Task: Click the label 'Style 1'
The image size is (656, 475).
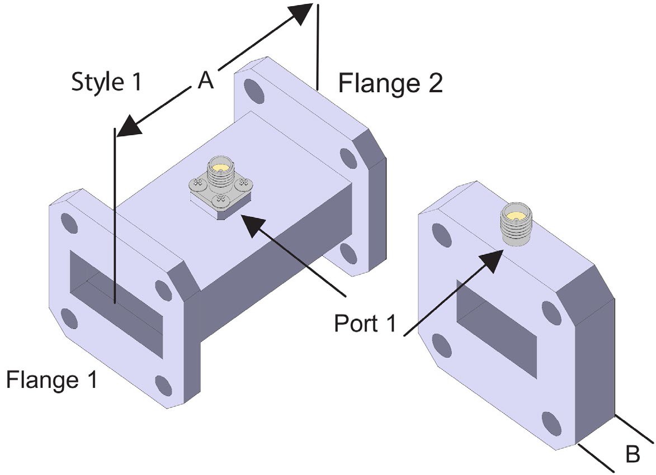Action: pos(107,82)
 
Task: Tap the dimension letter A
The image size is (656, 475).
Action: pos(206,82)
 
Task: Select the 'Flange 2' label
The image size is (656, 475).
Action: pos(391,84)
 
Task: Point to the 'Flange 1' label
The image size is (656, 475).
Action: pos(51,380)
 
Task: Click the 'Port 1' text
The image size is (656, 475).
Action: pos(365,324)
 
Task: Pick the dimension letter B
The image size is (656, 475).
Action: pos(632,454)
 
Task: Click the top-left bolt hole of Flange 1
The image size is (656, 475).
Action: pos(71,222)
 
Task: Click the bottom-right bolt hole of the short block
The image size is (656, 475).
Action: pos(551,424)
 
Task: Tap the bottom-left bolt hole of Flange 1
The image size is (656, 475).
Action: pos(69,319)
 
